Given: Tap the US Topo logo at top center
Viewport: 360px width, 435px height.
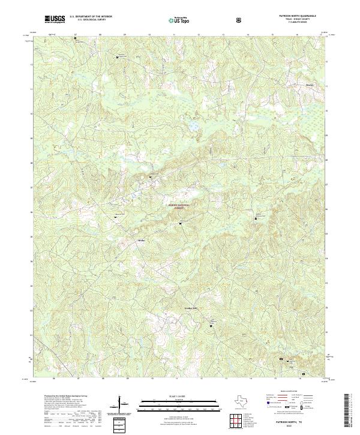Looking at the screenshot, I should coord(179,20).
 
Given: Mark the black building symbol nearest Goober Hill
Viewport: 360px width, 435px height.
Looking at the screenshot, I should coord(211,326).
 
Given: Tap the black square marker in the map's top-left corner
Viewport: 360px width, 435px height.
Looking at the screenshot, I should coord(76,39).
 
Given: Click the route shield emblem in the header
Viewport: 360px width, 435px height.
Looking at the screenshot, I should coord(240,20).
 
